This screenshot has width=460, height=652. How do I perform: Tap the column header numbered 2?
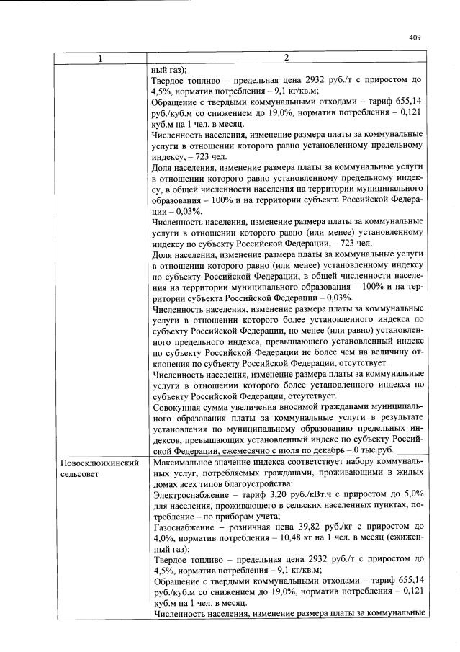287,58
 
